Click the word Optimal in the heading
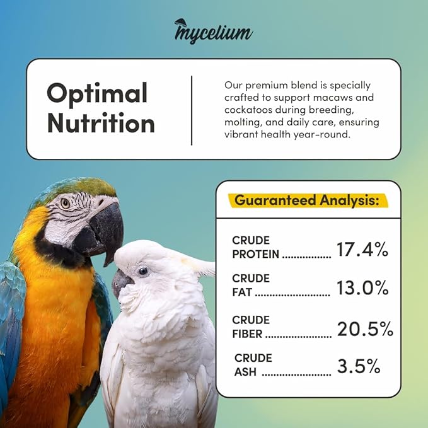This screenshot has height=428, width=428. pyautogui.click(x=96, y=93)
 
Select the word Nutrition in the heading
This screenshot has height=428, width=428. pyautogui.click(x=101, y=122)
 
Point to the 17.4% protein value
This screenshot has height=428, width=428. pyautogui.click(x=362, y=250)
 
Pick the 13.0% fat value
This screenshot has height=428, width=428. pyautogui.click(x=362, y=288)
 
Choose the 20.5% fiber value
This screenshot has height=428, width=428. pyautogui.click(x=364, y=329)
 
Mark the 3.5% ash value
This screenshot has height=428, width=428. pyautogui.click(x=358, y=366)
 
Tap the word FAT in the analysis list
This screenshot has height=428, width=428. pyautogui.click(x=242, y=292)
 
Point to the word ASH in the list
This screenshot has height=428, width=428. pyautogui.click(x=246, y=371)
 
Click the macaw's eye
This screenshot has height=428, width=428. pyautogui.click(x=66, y=203)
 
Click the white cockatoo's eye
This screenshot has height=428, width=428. pyautogui.click(x=143, y=271)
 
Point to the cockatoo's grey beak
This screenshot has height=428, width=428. pyautogui.click(x=121, y=283)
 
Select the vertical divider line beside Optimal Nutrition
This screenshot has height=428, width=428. pyautogui.click(x=192, y=110)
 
